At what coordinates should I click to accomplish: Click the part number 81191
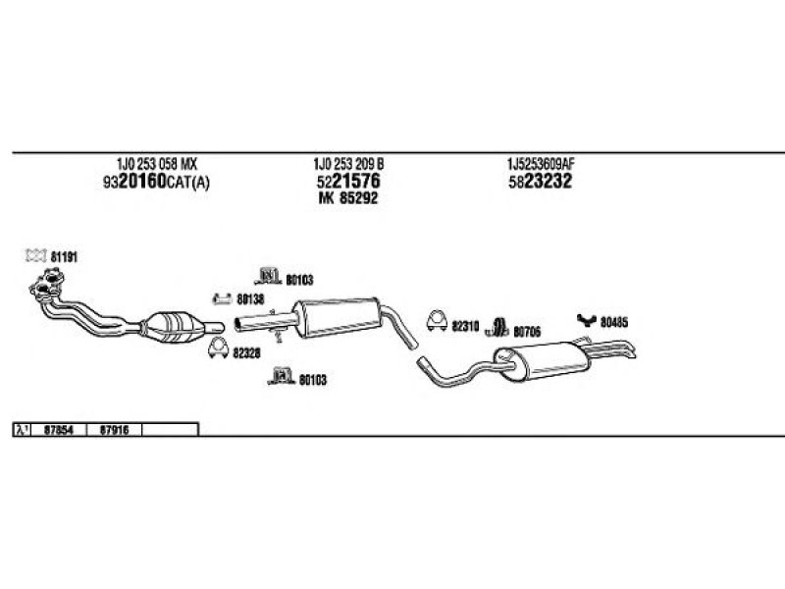(x=64, y=256)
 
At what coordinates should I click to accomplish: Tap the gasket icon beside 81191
(x=35, y=256)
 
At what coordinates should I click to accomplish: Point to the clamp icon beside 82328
(x=218, y=347)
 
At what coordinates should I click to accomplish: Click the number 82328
(x=247, y=353)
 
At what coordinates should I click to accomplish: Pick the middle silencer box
(x=339, y=316)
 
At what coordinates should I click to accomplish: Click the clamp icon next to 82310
(x=436, y=320)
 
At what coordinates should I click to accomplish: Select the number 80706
(x=526, y=331)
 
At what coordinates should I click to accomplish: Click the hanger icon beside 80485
(x=586, y=318)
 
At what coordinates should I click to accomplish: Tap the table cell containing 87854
(x=60, y=429)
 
